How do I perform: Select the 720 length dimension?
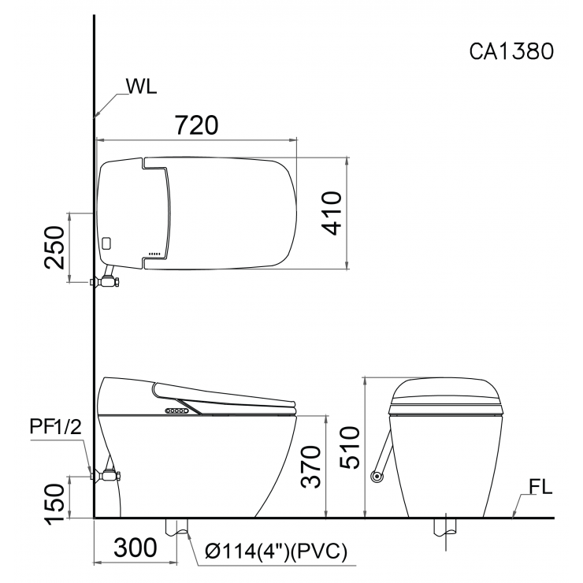click(195, 124)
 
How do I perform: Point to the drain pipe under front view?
click(447, 529)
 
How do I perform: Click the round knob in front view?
click(377, 475)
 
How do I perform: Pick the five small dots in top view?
click(154, 254)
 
